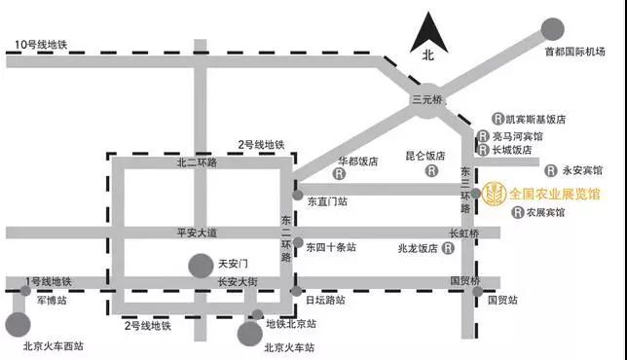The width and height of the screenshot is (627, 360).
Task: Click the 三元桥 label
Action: [x=426, y=99]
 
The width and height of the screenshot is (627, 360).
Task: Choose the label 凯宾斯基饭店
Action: [x=534, y=119]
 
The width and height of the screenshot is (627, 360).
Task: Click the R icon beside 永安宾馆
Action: [x=551, y=168]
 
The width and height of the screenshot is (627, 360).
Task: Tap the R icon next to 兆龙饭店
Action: [x=446, y=248]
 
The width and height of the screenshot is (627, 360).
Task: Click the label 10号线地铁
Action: [x=43, y=43]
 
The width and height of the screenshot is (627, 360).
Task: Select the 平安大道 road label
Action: [x=198, y=232]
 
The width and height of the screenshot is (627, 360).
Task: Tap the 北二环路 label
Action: [x=198, y=163]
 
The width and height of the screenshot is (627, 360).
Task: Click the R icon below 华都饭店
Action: [x=339, y=175]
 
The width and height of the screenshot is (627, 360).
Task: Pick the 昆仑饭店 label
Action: [x=424, y=155]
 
